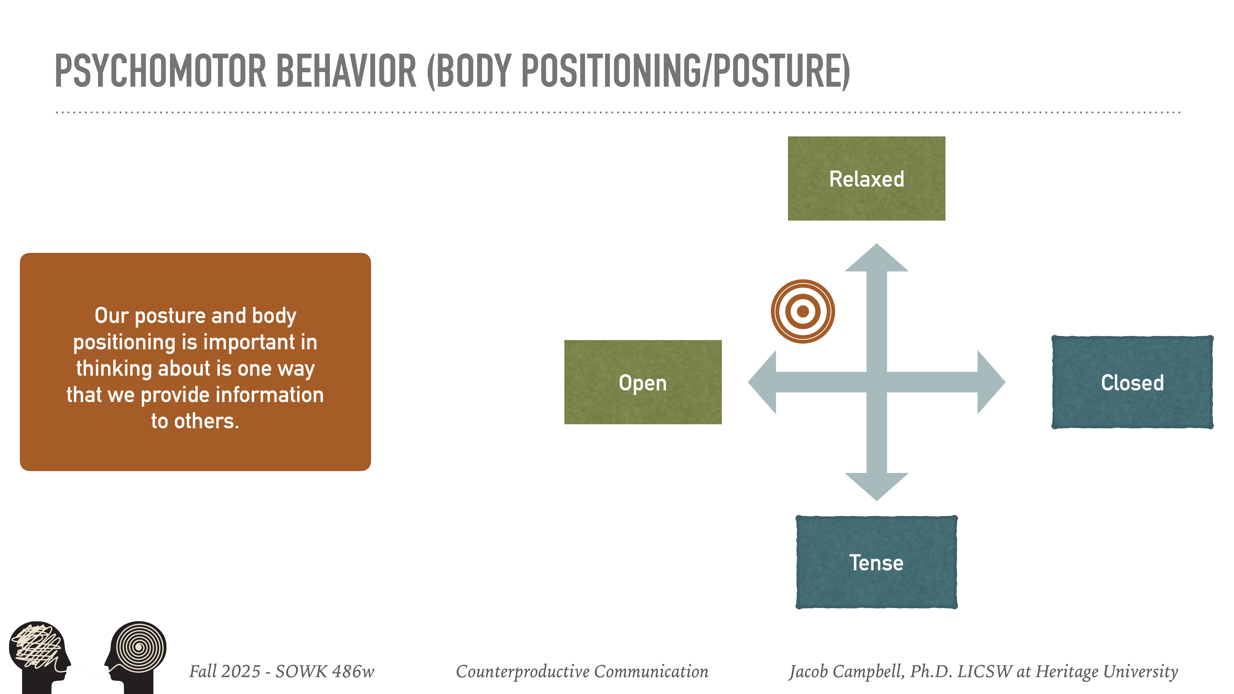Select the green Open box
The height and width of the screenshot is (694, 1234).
tap(642, 382)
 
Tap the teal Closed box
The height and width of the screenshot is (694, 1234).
tap(1132, 382)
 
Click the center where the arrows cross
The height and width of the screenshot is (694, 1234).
tap(876, 382)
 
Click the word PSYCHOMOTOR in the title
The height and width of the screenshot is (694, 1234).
tap(161, 71)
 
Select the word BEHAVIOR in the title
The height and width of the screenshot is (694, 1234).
tap(346, 71)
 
